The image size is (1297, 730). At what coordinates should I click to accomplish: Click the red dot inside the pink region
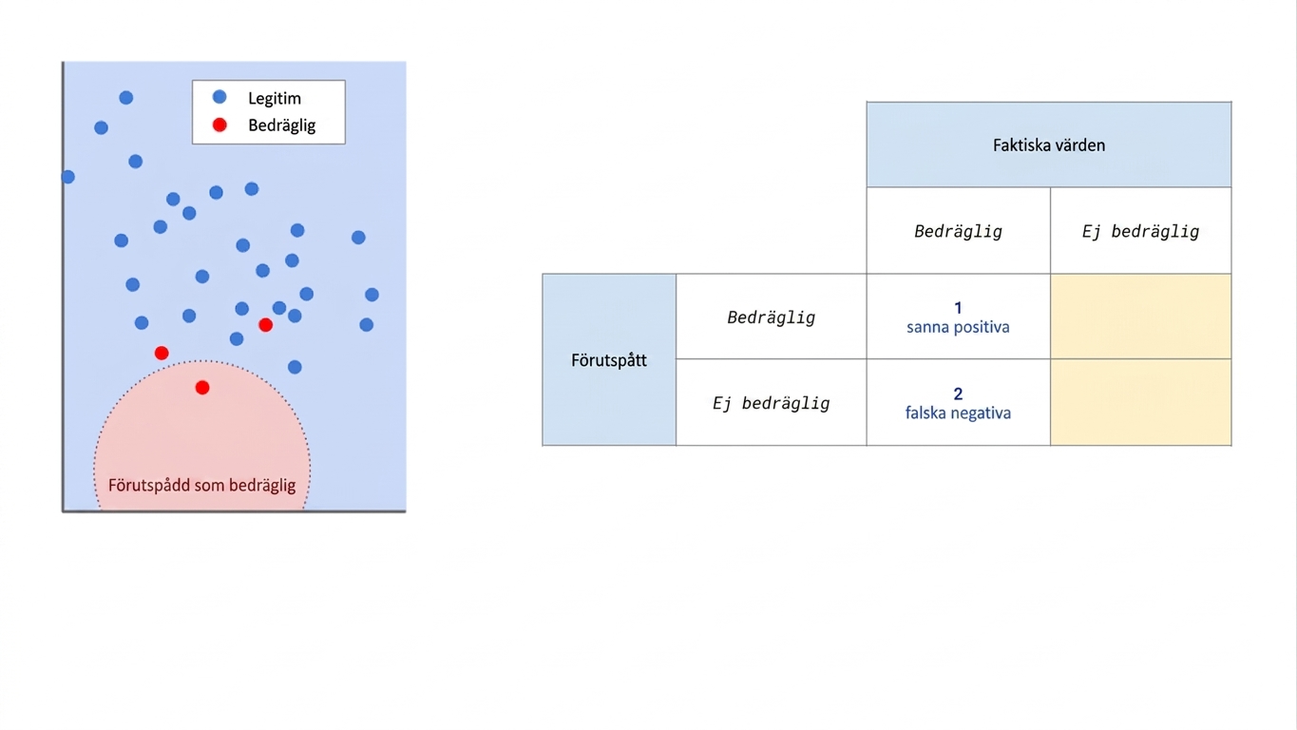click(x=202, y=388)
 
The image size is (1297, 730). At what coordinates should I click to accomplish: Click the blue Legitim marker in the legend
click(x=219, y=97)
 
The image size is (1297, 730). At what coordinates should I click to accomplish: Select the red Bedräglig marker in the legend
click(x=219, y=125)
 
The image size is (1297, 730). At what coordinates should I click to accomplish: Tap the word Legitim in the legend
click(x=275, y=99)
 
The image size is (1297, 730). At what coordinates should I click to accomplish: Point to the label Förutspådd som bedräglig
click(x=202, y=485)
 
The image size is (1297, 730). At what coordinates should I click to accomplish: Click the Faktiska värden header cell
click(x=1049, y=144)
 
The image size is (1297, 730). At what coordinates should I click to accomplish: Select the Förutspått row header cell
click(x=609, y=360)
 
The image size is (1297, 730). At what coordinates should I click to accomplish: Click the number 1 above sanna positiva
click(x=959, y=308)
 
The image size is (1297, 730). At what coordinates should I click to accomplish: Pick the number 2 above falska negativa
click(x=959, y=394)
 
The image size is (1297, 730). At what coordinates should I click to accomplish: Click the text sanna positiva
click(x=959, y=327)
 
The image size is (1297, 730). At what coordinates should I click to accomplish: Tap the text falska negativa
click(x=959, y=413)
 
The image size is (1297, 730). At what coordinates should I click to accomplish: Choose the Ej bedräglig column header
click(x=1140, y=232)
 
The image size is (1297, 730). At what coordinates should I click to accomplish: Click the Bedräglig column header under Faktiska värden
click(x=959, y=232)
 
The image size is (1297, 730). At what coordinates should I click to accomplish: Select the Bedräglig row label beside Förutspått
click(x=772, y=317)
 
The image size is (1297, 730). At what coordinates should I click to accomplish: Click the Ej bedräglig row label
click(x=772, y=403)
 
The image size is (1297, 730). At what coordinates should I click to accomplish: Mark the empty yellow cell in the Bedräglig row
click(x=1140, y=317)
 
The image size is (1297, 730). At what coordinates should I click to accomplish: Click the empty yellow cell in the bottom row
click(x=1140, y=402)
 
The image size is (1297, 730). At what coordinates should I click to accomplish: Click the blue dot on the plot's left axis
click(x=68, y=177)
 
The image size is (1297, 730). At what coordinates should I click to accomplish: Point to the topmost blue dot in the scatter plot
click(x=126, y=97)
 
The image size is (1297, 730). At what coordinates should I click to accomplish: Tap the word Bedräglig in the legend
click(x=282, y=125)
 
